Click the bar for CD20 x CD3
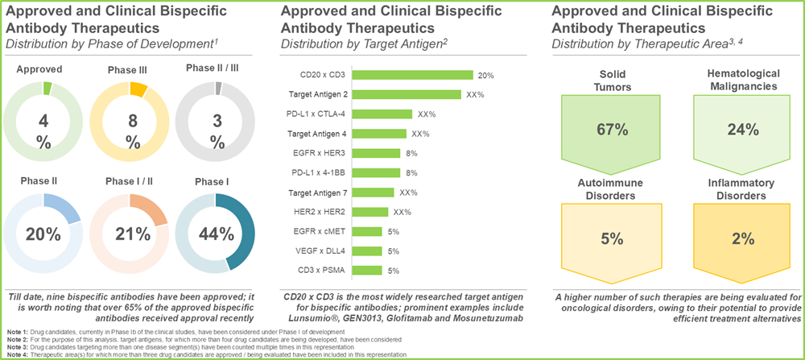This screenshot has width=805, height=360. [413, 75]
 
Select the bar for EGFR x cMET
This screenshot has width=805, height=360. [368, 232]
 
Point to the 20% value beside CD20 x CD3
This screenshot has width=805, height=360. [485, 76]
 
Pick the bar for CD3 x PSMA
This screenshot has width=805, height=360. [368, 271]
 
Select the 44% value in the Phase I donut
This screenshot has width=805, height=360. [216, 234]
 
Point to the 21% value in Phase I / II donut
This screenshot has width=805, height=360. [132, 234]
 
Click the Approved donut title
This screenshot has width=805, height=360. [39, 68]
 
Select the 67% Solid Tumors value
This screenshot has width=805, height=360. [611, 130]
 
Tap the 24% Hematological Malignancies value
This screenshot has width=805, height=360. [742, 130]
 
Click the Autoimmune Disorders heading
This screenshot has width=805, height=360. [611, 189]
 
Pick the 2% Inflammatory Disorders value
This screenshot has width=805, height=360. [742, 239]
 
